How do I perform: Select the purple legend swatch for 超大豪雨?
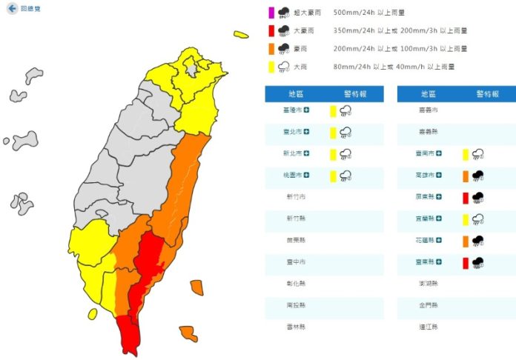click(x=271, y=13)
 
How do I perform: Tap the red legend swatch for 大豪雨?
click(x=271, y=31)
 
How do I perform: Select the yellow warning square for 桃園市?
click(x=334, y=176)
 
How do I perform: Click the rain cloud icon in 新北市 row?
click(x=346, y=154)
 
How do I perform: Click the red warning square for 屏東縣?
click(x=465, y=197)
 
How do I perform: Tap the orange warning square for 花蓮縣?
click(x=465, y=240)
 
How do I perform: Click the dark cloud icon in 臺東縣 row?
click(x=478, y=262)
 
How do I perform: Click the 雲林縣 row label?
click(x=297, y=327)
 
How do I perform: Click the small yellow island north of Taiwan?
click(x=240, y=34)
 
